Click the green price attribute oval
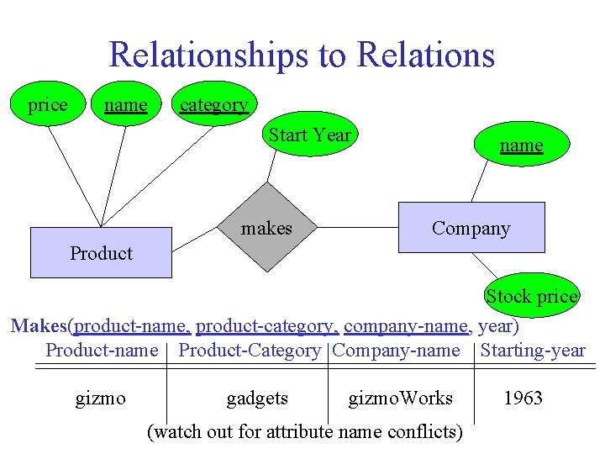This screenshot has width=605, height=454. point(47,105)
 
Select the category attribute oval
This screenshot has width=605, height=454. point(213,105)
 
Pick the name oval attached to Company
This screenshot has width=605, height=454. point(521,145)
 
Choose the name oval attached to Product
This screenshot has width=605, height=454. point(125,105)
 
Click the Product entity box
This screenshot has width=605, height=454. point(101,252)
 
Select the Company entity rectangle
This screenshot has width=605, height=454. point(471,228)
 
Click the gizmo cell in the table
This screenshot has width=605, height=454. point(101,398)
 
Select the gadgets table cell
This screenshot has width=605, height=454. point(257,398)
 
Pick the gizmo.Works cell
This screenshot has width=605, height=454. point(401,398)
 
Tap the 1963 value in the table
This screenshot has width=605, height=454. point(523,398)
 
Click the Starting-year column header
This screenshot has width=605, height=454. point(533,351)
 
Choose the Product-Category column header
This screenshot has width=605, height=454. point(250,351)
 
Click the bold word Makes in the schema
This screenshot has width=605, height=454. point(39,325)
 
